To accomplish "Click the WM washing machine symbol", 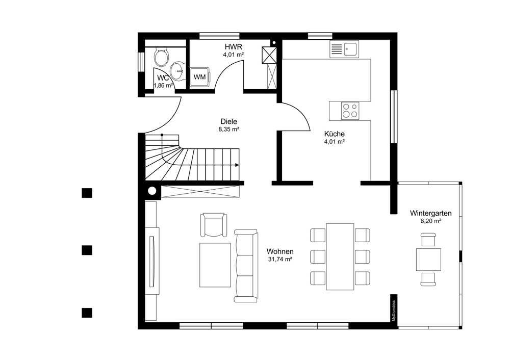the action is pos(200,77).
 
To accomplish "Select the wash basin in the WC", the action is pos(178,71).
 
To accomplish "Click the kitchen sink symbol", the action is pos(344,49).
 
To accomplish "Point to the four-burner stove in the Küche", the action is pos(350,111).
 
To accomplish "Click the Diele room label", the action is pos(229,122).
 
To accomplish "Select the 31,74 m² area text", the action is pos(280,259).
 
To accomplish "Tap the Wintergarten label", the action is pos(430,213).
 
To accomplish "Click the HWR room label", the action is pos(234,47).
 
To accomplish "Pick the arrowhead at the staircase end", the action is pos(237,165).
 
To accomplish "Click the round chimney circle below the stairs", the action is pos(152,191).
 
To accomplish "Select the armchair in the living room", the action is pos(213,225).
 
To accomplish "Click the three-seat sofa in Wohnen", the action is pos(246,266).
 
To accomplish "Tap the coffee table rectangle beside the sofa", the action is pos(215,265).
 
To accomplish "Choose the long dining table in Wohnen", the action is pos(340,256).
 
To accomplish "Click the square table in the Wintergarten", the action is pos(429,260).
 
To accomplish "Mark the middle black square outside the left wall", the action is pos(87,250).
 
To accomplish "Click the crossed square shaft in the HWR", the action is pos(269,55).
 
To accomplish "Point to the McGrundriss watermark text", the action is pos(394,311).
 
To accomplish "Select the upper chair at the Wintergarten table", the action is pos(428,240).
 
